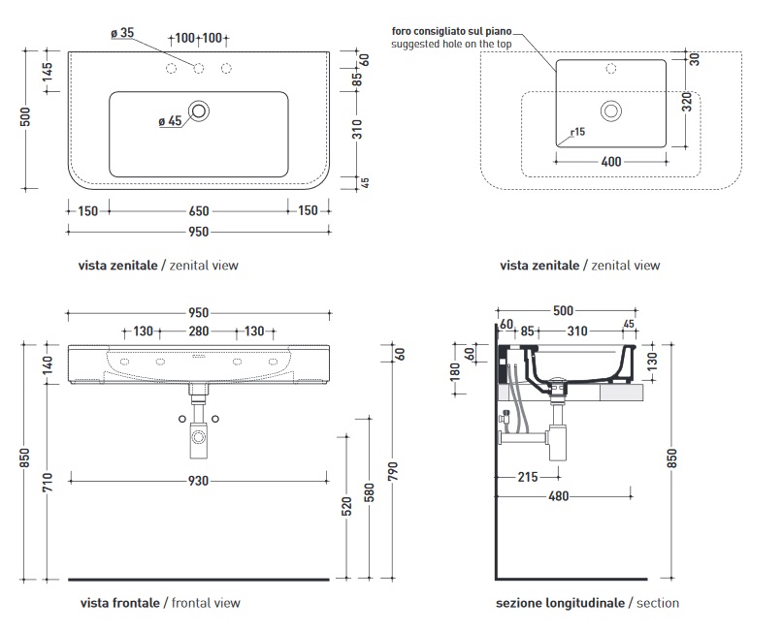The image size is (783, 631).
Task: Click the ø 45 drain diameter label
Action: (x=169, y=122)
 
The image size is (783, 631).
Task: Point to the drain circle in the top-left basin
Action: (x=199, y=110)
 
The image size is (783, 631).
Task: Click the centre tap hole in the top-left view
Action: (x=199, y=67)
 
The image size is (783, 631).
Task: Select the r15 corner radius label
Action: (x=577, y=132)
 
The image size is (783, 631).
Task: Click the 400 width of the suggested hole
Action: (x=610, y=162)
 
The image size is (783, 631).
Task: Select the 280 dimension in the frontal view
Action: (x=198, y=331)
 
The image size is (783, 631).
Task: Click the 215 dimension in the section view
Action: (x=527, y=476)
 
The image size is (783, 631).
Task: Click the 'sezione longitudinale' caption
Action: (x=560, y=603)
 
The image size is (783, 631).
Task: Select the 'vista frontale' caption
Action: (x=120, y=603)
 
